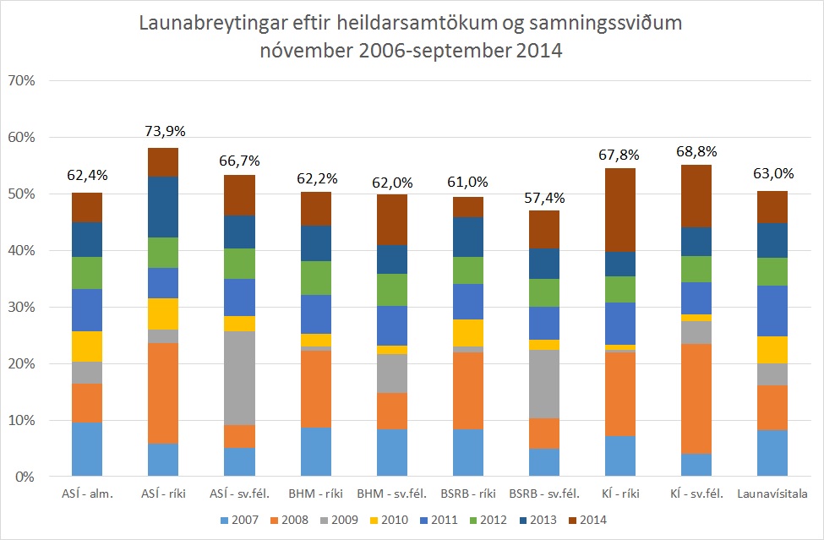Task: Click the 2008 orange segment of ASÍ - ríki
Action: (x=162, y=393)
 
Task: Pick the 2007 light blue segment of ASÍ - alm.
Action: (x=86, y=449)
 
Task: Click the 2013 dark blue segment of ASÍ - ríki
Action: (x=162, y=207)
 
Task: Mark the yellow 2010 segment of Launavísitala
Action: (x=772, y=350)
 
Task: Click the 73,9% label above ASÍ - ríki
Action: (x=163, y=131)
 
